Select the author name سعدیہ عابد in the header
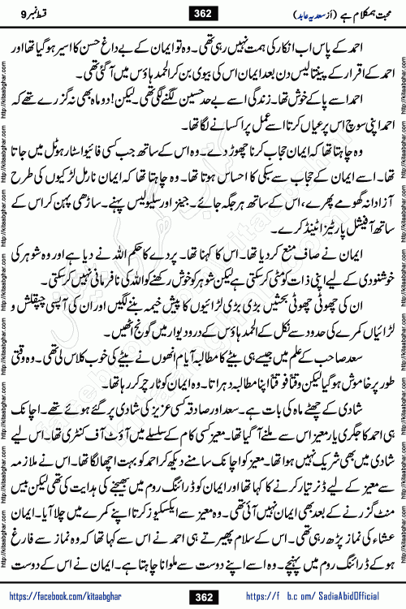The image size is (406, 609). [x=283, y=15]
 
